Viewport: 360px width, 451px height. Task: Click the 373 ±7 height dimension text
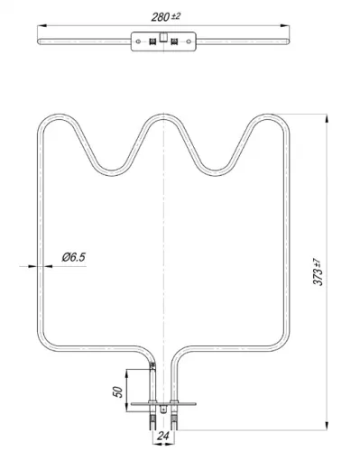coord(317,270)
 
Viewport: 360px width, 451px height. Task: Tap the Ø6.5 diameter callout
coord(73,257)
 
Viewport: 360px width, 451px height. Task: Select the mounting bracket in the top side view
coord(163,41)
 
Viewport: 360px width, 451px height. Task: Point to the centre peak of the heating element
coord(162,117)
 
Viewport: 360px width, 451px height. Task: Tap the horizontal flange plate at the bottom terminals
coord(162,404)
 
